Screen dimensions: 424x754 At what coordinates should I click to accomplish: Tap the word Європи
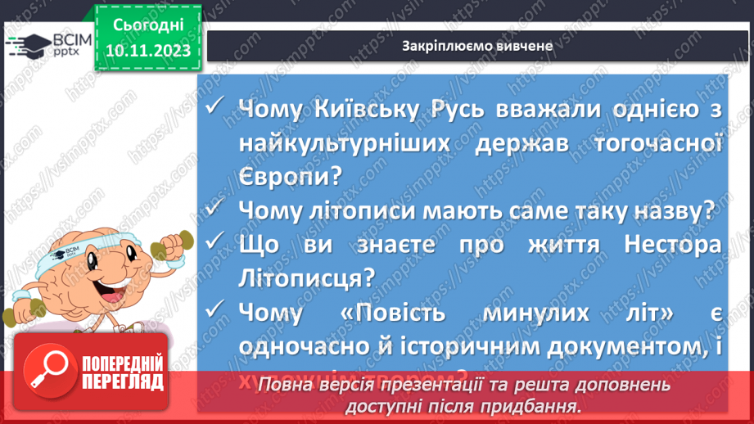pos(284,177)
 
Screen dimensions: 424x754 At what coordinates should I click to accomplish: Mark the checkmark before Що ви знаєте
pos(215,244)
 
